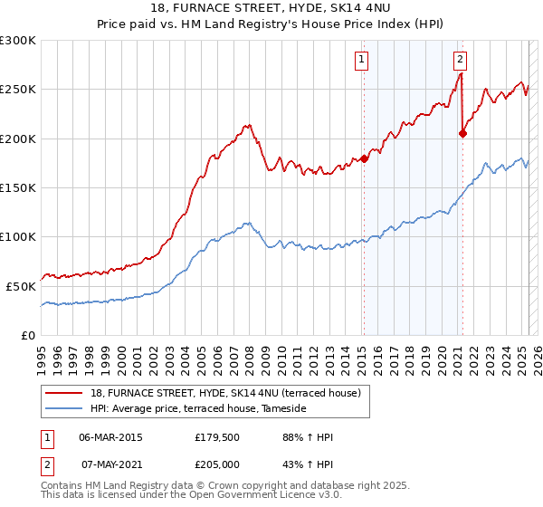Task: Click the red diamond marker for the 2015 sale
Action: (364, 158)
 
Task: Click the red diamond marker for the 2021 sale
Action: (462, 133)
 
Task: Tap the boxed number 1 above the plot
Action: (361, 61)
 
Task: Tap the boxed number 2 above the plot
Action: (460, 61)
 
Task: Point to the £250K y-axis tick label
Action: (18, 90)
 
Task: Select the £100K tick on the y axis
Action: (18, 236)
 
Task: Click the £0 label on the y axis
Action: (27, 335)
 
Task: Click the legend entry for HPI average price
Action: (198, 409)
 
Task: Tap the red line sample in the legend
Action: (65, 393)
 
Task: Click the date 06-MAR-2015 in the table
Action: (110, 437)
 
